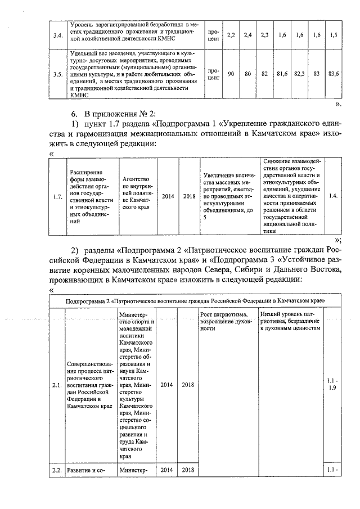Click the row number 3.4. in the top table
pyautogui.click(x=57, y=35)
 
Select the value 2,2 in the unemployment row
pyautogui.click(x=231, y=35)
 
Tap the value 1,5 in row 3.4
pyautogui.click(x=334, y=35)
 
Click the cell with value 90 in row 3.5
pyautogui.click(x=231, y=74)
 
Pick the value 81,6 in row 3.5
pyautogui.click(x=282, y=74)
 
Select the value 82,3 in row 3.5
pyautogui.click(x=299, y=74)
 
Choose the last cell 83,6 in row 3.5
pyautogui.click(x=334, y=74)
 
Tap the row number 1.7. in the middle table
pyautogui.click(x=57, y=196)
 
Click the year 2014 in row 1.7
pyautogui.click(x=168, y=196)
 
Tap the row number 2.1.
pyautogui.click(x=57, y=385)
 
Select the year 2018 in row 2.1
pyautogui.click(x=188, y=385)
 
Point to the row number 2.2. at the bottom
pyautogui.click(x=57, y=470)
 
